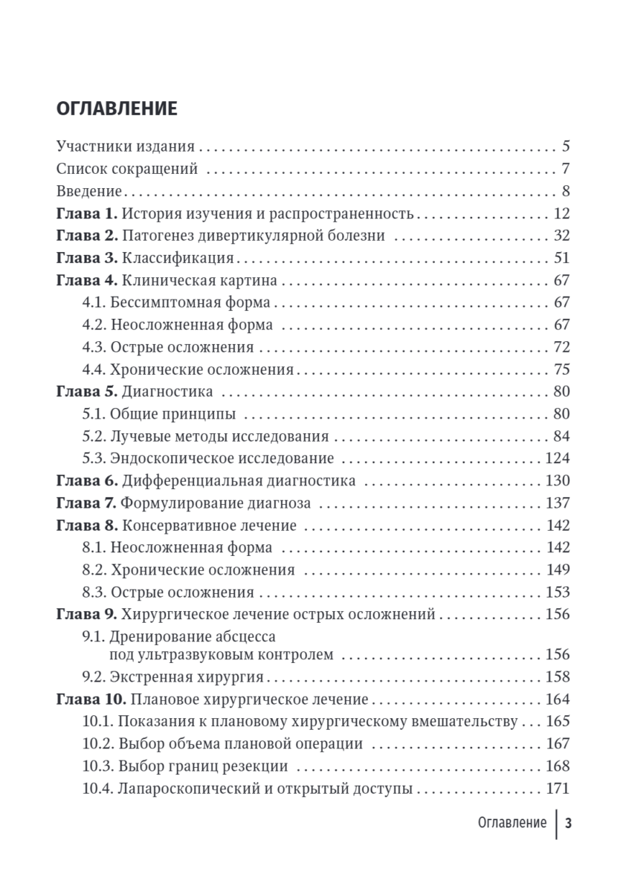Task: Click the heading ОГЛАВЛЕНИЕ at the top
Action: coord(117,109)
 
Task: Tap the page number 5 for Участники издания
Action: coord(565,146)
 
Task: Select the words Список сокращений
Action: coord(127,169)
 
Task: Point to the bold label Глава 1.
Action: coord(87,214)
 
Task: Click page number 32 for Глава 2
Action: coord(561,236)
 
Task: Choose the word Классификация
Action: coord(178,259)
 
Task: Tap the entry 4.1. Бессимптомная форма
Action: coord(176,303)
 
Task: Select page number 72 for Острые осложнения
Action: coord(561,347)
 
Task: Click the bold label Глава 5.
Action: coord(87,391)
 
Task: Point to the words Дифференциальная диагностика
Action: coord(238,480)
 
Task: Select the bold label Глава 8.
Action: coord(87,526)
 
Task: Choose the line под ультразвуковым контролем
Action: coord(221,654)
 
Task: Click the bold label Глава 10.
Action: coord(90,699)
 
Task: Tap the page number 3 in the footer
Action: coord(568,823)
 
